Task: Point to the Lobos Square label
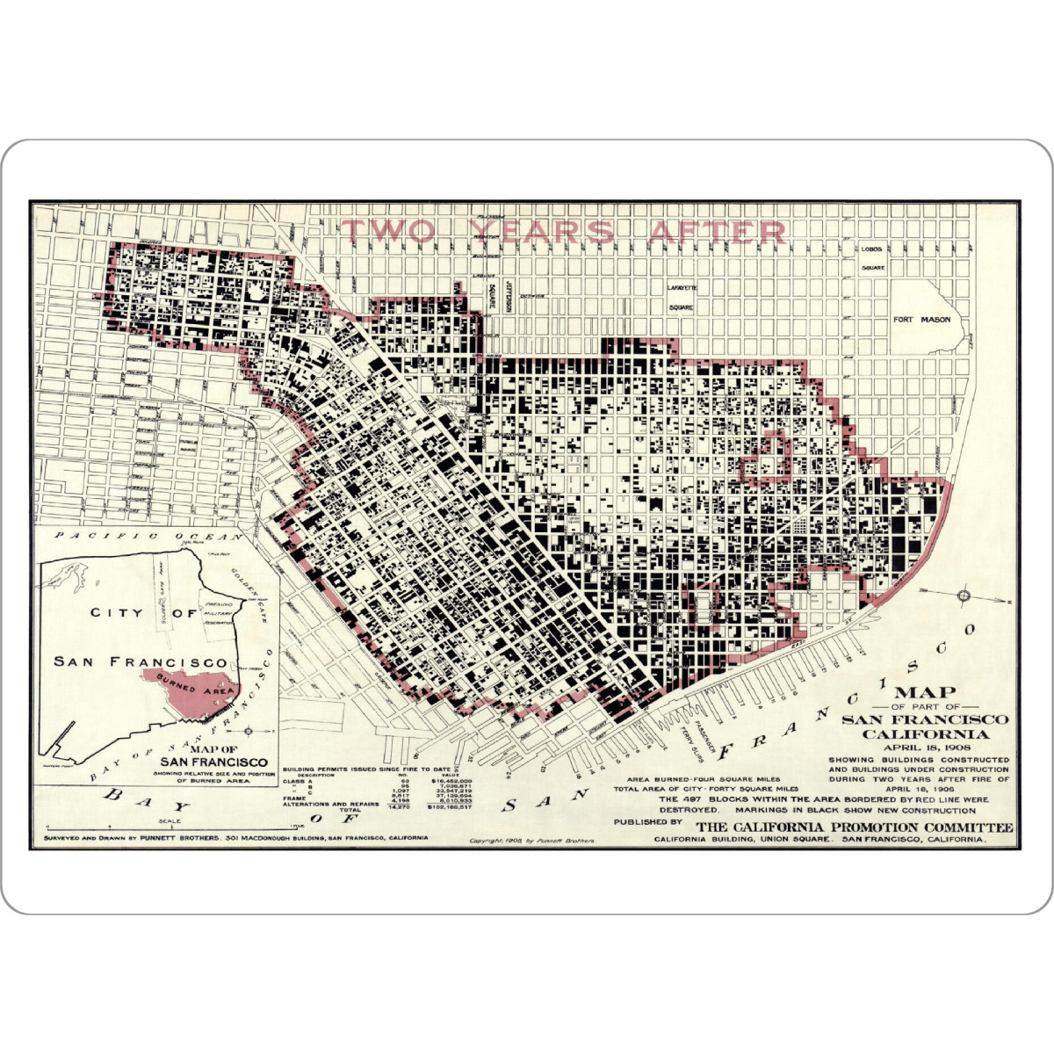point(871,257)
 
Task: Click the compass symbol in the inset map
point(249,731)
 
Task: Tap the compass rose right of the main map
point(964,596)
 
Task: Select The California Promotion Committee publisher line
point(854,827)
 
